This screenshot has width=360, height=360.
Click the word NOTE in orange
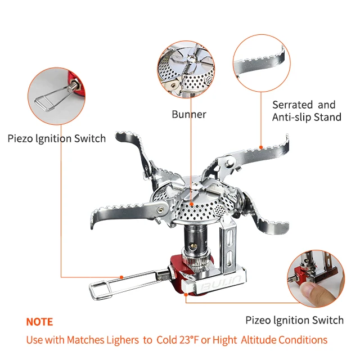(39, 322)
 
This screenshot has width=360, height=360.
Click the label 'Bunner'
(189, 114)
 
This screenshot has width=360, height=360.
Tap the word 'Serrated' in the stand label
(292, 105)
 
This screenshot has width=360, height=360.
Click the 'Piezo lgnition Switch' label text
(57, 138)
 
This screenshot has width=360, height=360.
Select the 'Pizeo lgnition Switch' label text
(294, 320)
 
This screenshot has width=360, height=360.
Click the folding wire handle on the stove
(124, 281)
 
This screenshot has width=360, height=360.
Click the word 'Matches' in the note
(85, 340)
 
